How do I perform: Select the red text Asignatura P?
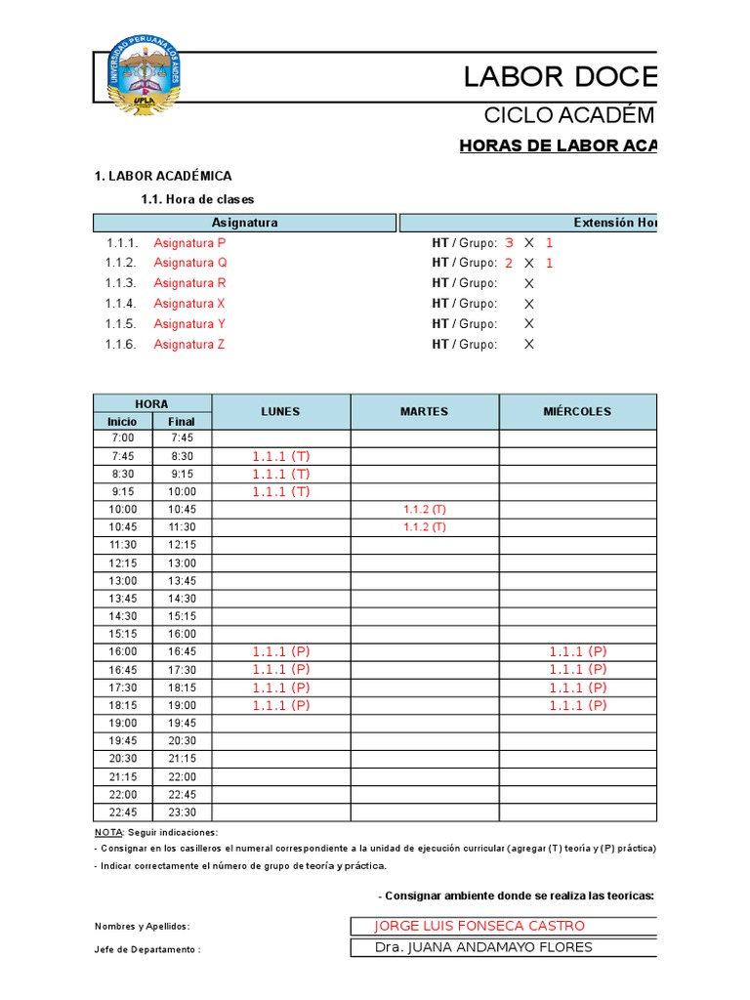click(x=189, y=242)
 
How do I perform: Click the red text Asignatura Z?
click(x=189, y=344)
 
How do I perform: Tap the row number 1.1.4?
click(x=122, y=303)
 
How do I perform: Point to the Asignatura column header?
click(x=244, y=223)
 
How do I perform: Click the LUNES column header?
click(x=280, y=411)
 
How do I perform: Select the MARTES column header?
click(x=424, y=411)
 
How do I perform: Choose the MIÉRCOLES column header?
click(x=577, y=411)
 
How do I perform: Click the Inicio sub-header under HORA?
click(x=123, y=422)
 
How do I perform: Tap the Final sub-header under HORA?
click(x=182, y=422)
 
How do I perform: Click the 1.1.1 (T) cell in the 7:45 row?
click(x=280, y=456)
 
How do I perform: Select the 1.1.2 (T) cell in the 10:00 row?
click(x=424, y=510)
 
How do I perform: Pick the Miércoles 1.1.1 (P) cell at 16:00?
click(x=577, y=651)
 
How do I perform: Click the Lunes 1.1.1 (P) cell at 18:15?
click(x=280, y=705)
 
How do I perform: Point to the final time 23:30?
click(x=182, y=812)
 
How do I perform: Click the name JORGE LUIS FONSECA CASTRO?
click(x=479, y=926)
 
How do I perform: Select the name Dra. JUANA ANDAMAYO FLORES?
click(x=483, y=947)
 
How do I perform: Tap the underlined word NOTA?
click(x=107, y=832)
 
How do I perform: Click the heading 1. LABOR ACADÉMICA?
click(x=163, y=176)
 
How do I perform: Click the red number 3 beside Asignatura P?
click(x=509, y=242)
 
